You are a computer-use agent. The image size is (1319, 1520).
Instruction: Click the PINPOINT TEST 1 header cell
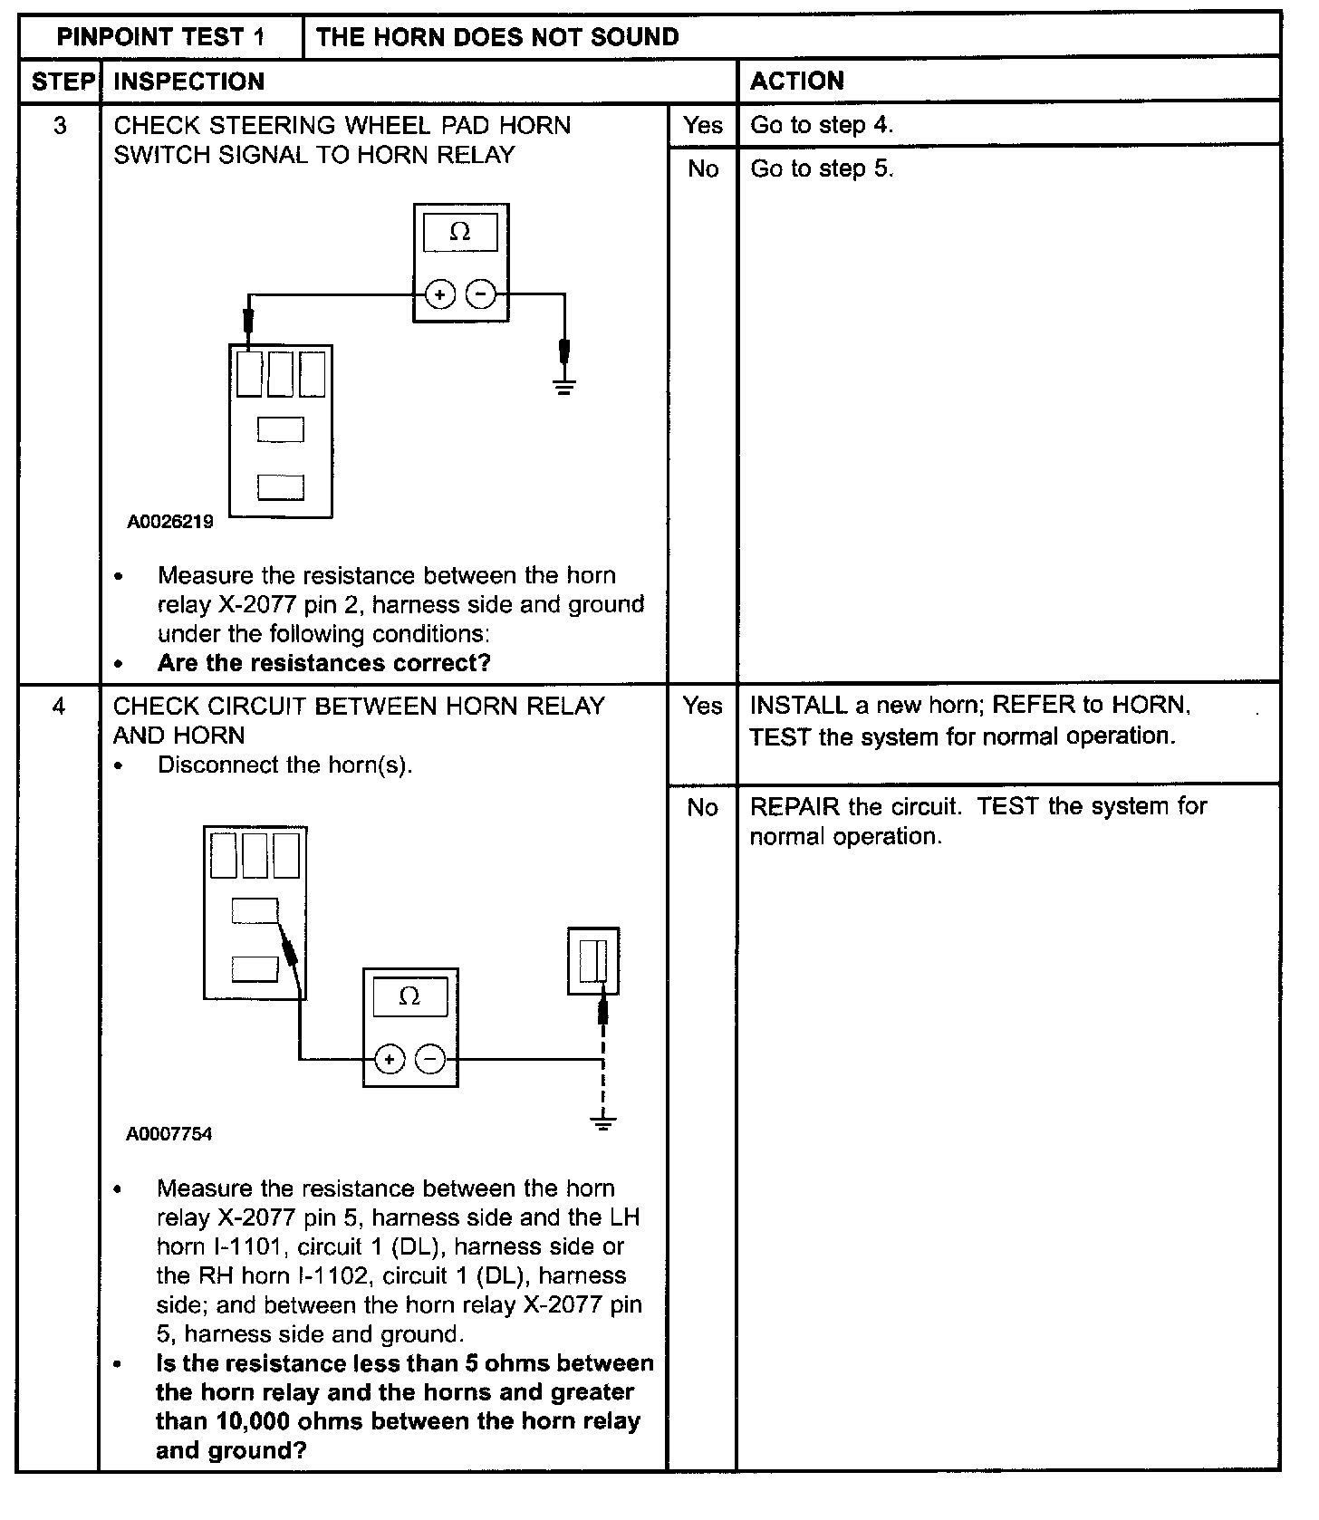coord(160,37)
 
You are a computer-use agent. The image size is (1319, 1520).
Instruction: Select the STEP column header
coord(62,82)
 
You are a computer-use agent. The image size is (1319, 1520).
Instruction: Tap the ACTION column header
coord(797,82)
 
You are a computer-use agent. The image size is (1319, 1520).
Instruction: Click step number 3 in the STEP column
coord(60,126)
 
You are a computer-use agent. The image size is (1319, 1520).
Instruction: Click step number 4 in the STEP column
coord(59,706)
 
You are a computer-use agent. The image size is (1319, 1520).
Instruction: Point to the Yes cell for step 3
coord(702,126)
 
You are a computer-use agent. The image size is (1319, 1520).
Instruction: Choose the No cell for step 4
coord(702,807)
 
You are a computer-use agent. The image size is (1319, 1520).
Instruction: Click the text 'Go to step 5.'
coord(822,169)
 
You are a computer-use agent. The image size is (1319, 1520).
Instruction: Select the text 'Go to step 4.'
coord(822,126)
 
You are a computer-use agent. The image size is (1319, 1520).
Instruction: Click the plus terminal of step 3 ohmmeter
coord(439,294)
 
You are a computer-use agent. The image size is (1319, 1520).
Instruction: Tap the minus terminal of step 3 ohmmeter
coord(480,294)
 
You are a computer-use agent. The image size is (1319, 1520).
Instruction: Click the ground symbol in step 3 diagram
coord(564,388)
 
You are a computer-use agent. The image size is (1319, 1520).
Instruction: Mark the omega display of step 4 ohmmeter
coord(409,997)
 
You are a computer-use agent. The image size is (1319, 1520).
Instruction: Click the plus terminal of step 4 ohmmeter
coord(390,1059)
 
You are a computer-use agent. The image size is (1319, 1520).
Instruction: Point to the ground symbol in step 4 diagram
coord(602,1123)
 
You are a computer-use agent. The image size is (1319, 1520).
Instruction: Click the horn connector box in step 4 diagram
coord(593,961)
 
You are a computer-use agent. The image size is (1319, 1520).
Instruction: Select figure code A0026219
coord(170,522)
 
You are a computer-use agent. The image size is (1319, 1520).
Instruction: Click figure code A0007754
coord(169,1134)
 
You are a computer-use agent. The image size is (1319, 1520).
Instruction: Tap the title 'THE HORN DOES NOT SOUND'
coord(497,37)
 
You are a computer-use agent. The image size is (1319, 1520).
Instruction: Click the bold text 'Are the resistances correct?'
coord(323,663)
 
